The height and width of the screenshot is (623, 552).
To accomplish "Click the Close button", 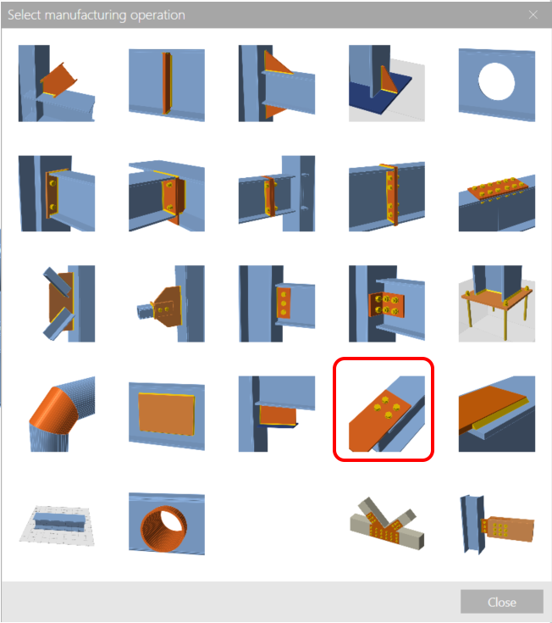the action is coord(501,602).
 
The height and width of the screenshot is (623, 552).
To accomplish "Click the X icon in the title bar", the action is coord(533,14).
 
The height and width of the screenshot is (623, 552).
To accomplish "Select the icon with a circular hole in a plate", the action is coord(496,83).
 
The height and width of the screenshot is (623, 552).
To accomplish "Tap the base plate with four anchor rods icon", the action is coord(496,303).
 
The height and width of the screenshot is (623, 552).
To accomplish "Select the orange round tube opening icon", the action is coord(167,524).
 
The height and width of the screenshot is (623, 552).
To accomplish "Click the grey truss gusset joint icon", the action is coord(387,523).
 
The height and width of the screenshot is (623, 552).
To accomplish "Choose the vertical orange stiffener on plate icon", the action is coord(167,83).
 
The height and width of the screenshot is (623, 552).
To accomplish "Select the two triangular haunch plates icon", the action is coord(277,83).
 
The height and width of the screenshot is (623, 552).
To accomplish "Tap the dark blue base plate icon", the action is coord(387,83).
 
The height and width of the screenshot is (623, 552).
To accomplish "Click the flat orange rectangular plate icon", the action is coord(167,414).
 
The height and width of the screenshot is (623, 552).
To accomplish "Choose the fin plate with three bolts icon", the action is coord(277,303).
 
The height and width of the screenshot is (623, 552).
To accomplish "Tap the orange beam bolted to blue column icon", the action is coord(496,524).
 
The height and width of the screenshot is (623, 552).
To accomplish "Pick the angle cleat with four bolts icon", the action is coord(387,303).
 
